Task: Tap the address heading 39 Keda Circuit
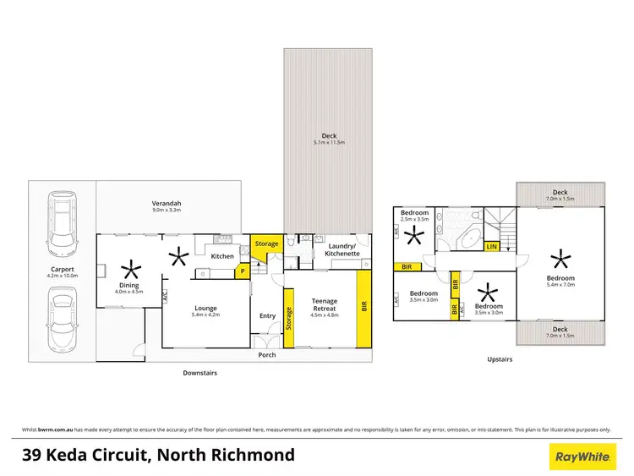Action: pos(158,456)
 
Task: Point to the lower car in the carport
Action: pos(63,319)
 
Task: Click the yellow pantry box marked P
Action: pos(242,272)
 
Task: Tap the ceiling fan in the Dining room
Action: pos(129,271)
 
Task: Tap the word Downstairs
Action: pos(200,371)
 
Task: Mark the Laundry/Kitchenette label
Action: pos(343,249)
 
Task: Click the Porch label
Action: pos(267,354)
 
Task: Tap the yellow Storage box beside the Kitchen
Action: pos(267,243)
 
